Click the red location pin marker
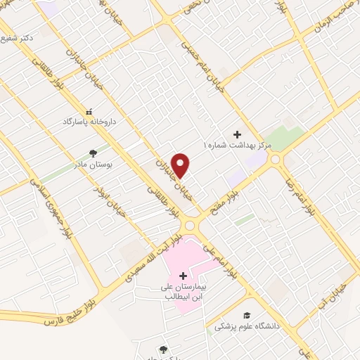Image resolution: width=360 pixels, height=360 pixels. click(x=181, y=165)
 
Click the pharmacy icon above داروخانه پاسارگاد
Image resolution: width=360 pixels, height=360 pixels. click(x=89, y=111)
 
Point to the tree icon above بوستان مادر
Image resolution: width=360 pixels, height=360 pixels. click(x=93, y=152)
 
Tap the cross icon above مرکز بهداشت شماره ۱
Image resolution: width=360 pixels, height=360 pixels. click(x=237, y=134)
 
